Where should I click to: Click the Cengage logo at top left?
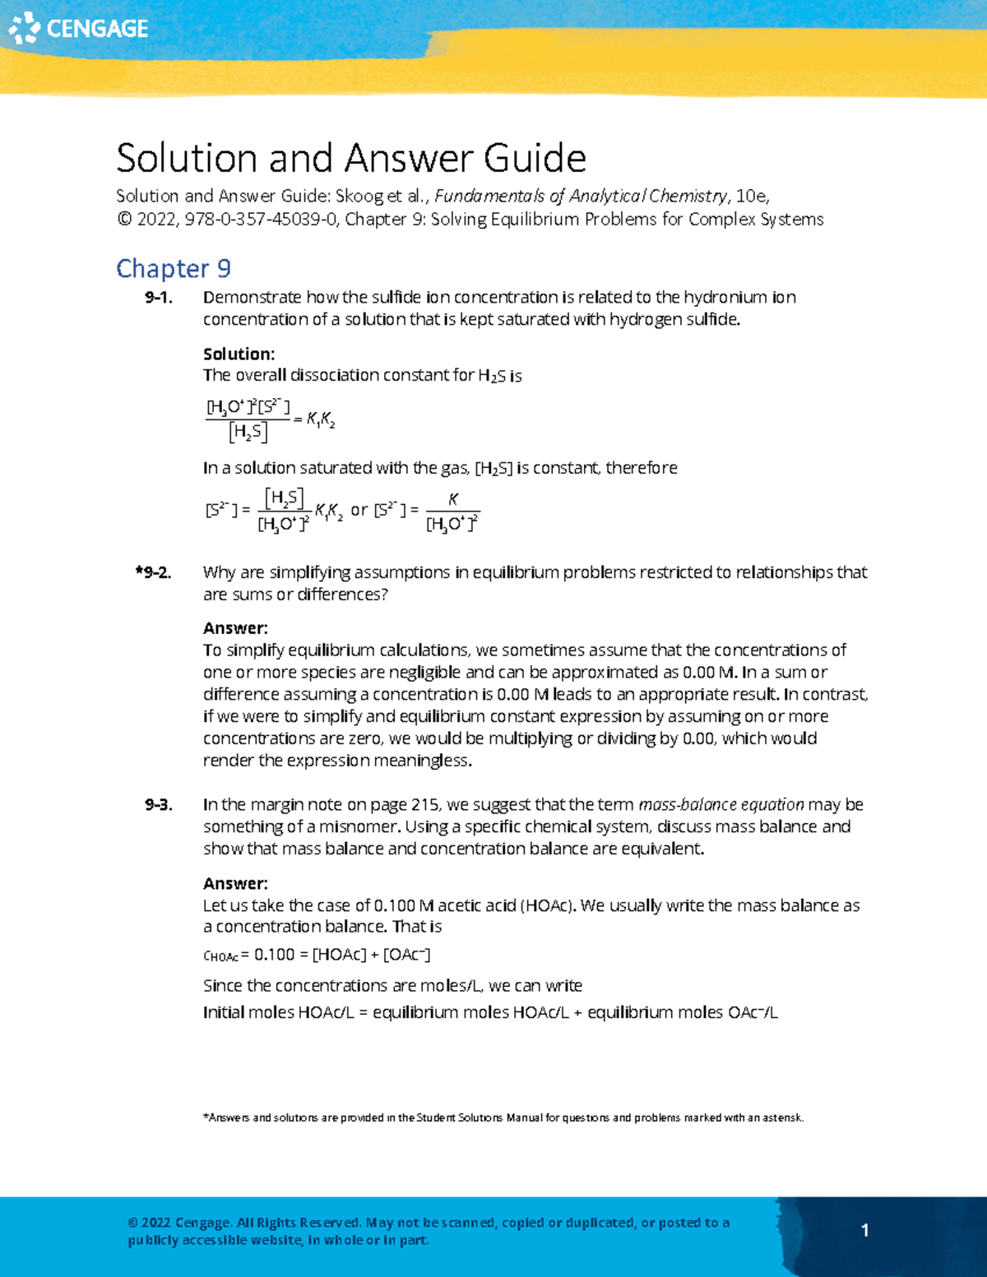78,28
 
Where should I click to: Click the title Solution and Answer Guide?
351,157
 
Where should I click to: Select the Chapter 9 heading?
174,268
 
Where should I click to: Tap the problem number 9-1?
158,298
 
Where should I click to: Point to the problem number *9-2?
154,572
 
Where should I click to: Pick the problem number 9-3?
158,805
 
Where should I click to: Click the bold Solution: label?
239,354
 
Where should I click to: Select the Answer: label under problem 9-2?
235,628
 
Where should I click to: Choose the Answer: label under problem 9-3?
235,884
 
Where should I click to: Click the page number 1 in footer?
864,1230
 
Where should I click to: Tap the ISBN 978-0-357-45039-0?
261,220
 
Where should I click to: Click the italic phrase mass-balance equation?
721,805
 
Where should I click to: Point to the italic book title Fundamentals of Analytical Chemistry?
581,197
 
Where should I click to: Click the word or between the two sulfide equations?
359,510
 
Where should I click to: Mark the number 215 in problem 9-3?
424,805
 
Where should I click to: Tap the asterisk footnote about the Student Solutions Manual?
503,1117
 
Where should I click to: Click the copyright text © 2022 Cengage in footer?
180,1223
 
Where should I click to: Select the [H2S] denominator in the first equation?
248,432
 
